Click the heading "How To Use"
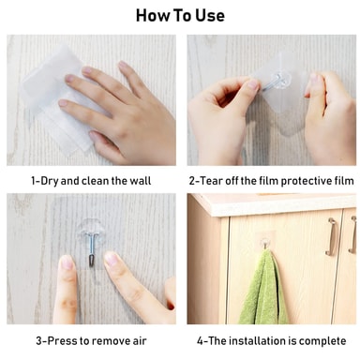coord(180,15)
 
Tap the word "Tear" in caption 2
coord(212,181)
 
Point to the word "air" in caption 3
coord(140,340)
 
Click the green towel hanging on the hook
coord(262,289)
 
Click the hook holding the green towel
coord(264,243)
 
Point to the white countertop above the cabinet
coord(275,204)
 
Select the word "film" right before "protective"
coord(269,181)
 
